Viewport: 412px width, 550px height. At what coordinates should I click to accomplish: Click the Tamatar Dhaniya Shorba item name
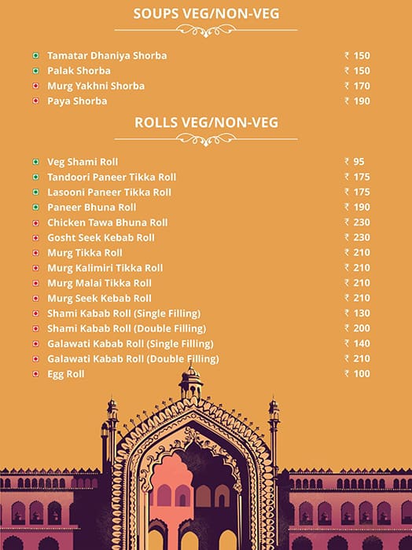click(x=107, y=56)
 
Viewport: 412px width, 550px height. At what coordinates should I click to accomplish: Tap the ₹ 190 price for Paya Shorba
click(x=357, y=101)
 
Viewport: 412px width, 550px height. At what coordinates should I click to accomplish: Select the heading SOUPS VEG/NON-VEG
click(x=206, y=13)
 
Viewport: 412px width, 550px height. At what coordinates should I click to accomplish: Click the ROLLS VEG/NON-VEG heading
click(x=206, y=123)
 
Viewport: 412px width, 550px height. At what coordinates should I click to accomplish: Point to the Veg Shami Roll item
click(x=83, y=162)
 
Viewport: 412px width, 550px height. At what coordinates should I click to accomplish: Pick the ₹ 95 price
click(x=355, y=162)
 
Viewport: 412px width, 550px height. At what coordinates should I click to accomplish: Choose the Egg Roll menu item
click(x=65, y=374)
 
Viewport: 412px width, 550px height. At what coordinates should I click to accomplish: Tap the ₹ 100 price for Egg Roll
click(x=357, y=374)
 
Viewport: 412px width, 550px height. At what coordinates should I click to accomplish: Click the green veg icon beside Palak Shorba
click(x=35, y=71)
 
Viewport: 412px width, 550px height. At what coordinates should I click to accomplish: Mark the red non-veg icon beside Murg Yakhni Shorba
click(x=35, y=86)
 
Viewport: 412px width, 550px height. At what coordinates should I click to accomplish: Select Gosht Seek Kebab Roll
click(x=101, y=237)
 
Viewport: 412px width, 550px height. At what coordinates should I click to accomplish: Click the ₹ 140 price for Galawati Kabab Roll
click(x=357, y=343)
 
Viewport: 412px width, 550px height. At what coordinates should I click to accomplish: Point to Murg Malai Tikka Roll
click(x=99, y=283)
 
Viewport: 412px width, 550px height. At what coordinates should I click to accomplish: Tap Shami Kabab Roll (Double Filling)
click(x=127, y=328)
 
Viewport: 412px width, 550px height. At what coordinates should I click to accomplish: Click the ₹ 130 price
click(x=357, y=313)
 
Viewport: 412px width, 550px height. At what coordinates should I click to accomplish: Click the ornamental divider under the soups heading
click(x=206, y=30)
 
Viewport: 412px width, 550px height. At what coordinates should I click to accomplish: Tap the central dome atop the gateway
click(x=190, y=383)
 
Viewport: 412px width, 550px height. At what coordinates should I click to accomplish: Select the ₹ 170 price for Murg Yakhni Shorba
click(x=357, y=86)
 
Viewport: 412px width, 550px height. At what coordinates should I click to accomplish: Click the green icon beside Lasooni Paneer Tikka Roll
click(x=35, y=192)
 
